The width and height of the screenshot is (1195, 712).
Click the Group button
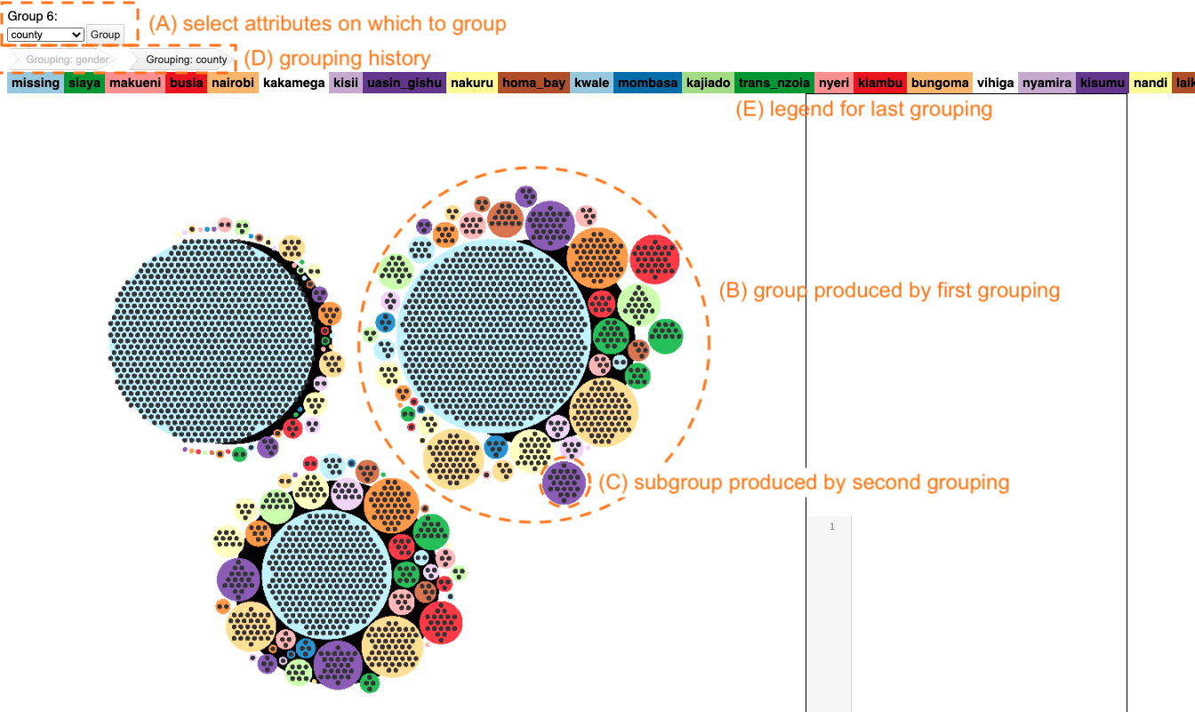[105, 35]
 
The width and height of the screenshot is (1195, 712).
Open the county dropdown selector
[45, 35]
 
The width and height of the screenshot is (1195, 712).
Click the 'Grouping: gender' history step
[67, 60]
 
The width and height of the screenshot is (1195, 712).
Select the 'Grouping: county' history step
[186, 60]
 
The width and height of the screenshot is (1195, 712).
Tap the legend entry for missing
[36, 84]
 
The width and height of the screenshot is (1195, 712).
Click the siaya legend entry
[84, 84]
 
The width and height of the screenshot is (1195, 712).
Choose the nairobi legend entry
[234, 84]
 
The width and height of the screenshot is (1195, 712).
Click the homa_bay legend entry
[533, 84]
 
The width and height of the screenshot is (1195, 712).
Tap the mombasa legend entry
[647, 84]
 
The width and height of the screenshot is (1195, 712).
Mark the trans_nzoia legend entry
[774, 84]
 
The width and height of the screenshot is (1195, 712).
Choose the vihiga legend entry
[995, 84]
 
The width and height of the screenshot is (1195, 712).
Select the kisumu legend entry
[1103, 84]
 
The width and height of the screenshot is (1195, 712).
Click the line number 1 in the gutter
[832, 527]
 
